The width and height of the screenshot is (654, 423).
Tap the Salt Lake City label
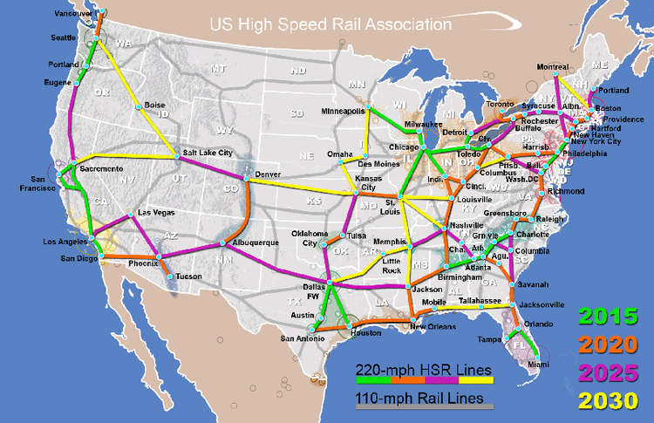[x=208, y=153]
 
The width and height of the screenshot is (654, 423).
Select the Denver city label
[x=268, y=174]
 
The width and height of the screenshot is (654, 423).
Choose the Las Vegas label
[x=156, y=213]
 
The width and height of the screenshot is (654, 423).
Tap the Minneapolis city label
[x=343, y=112]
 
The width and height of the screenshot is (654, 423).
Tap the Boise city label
[x=154, y=106]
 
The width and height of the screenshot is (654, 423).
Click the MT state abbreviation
[x=218, y=68]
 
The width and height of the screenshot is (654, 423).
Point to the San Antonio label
[x=301, y=338]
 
